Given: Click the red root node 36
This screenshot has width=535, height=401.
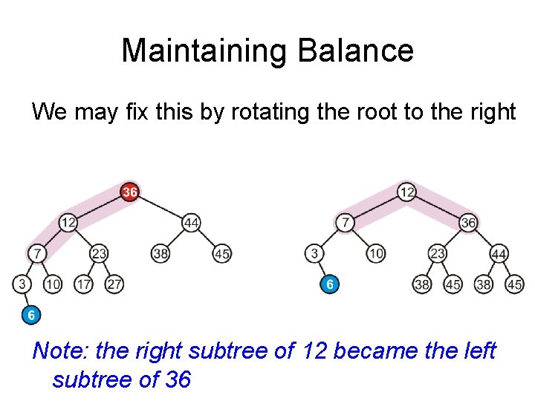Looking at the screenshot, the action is [130, 192].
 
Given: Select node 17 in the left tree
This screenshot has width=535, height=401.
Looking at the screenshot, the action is [83, 284].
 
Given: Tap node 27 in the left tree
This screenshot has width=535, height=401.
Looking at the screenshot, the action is [114, 284].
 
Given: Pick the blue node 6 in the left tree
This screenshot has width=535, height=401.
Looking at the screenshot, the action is [31, 315].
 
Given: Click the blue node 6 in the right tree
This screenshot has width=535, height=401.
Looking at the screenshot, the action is [330, 284].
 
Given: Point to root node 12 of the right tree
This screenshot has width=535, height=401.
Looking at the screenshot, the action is [406, 192].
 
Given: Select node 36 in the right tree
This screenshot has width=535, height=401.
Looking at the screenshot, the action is [468, 222].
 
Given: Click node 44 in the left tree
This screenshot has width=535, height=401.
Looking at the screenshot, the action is [191, 222].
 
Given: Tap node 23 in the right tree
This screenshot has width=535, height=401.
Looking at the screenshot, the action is [438, 253].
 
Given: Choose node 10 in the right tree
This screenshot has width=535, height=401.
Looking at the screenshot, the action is [376, 253].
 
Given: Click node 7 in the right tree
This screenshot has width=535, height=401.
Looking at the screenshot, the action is [345, 222].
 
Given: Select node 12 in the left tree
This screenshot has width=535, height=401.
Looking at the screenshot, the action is [68, 222].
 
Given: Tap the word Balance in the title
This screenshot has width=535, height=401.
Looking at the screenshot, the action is [354, 50].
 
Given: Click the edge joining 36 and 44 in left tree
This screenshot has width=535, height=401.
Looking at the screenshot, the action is [160, 207].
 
